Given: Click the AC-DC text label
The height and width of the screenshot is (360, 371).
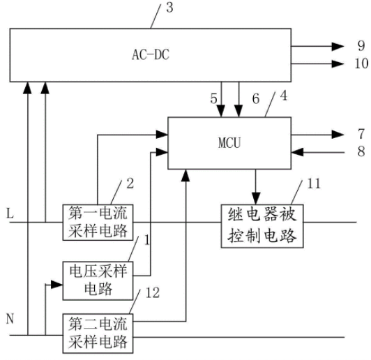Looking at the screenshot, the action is [x=151, y=54].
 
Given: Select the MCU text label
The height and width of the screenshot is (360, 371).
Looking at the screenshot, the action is [x=229, y=143].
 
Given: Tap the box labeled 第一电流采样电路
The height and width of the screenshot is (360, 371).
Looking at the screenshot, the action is [x=98, y=223].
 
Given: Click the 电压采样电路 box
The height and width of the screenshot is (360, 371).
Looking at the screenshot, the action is [x=98, y=280].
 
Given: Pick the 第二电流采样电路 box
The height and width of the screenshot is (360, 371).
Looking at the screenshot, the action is [x=98, y=333].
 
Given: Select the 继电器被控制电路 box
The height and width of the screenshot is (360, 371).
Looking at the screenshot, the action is [x=262, y=226].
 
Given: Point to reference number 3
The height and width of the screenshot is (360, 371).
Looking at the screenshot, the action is [x=169, y=8].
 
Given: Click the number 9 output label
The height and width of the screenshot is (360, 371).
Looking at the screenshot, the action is [x=361, y=45].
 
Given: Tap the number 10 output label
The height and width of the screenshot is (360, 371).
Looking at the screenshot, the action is [x=361, y=63].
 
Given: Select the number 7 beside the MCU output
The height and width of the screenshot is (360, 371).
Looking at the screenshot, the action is [x=361, y=134].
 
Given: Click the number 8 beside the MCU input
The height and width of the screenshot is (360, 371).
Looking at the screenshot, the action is [x=361, y=151].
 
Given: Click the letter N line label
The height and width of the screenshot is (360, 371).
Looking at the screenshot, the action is [x=10, y=319].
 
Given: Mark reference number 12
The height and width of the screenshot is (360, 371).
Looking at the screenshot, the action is [x=153, y=293].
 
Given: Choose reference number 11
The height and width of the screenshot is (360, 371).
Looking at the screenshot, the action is [x=314, y=183].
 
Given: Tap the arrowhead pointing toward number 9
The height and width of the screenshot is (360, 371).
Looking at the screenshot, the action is [x=338, y=46].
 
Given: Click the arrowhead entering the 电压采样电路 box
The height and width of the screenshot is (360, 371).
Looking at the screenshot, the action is [x=56, y=285].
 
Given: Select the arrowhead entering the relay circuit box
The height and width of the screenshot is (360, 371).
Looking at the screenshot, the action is [x=256, y=198].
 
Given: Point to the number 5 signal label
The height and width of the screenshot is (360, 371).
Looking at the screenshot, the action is [x=213, y=98].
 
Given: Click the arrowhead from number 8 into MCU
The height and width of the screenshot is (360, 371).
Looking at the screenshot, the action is [x=297, y=152].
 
